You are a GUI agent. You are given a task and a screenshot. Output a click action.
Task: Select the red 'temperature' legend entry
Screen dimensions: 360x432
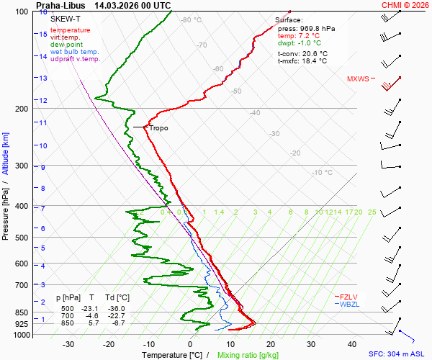71,30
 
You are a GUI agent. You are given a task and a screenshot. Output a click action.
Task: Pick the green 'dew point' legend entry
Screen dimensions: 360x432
67,45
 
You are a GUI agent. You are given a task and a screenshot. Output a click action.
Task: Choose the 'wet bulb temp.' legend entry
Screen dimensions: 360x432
75,52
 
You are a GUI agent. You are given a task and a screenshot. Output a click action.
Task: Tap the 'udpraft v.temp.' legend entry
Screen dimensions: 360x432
76,59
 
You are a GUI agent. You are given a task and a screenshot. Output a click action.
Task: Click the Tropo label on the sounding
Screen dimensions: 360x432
158,128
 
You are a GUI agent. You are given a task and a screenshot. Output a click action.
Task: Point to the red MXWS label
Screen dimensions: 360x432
357,79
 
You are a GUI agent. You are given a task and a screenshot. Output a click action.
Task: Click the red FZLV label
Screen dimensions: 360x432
349,296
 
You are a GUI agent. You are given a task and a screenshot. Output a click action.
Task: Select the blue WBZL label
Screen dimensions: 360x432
349,304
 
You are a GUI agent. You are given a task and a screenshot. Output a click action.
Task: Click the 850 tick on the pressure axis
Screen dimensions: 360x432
23,313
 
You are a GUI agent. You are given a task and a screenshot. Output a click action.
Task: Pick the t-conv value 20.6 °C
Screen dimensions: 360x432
313,54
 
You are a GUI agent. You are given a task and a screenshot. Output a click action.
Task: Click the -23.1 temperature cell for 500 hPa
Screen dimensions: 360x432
89,309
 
